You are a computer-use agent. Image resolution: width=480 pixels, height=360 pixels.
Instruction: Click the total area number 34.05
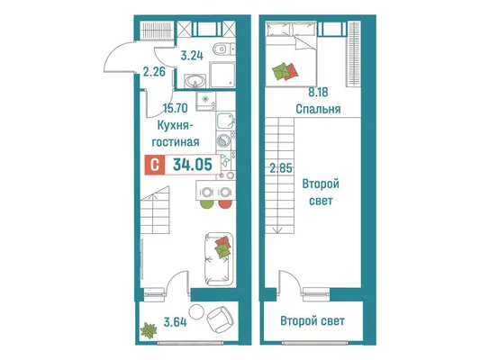pos(193,165)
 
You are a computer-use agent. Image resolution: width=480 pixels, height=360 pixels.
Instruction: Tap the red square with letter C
pos(155,166)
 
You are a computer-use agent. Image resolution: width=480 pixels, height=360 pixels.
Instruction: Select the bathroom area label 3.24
pos(192,56)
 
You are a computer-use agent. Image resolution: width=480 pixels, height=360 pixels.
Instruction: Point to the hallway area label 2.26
pos(154,72)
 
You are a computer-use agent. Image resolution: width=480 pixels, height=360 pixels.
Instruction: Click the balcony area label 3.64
pos(175,322)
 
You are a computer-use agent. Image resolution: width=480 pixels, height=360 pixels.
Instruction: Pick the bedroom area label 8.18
pos(318,92)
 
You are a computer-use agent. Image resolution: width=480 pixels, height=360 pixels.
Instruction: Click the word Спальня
pos(318,109)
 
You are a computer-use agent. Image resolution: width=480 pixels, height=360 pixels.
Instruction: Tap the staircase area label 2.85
pos(281,168)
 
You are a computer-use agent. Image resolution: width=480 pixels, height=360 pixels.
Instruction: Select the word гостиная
pos(176,142)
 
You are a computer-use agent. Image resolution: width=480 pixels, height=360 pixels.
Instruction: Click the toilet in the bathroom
pos(222,49)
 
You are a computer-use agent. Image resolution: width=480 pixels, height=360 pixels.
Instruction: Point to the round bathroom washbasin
pos(195,82)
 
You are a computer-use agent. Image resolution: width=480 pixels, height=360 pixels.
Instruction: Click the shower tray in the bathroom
pos(222,75)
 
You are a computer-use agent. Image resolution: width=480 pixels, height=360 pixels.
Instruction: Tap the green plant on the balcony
pos(149,330)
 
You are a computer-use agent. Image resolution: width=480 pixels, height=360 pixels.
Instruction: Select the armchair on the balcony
pos(220,319)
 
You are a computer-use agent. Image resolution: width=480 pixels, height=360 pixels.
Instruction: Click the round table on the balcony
pos(196,312)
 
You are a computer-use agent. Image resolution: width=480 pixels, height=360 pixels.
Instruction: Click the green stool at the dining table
pos(206,204)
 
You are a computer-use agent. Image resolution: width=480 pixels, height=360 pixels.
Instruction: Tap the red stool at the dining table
pos(225,204)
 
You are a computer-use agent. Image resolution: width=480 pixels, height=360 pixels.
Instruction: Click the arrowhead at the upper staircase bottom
pos(277,231)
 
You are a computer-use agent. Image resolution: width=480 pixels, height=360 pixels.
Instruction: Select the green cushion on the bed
pos(281,72)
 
